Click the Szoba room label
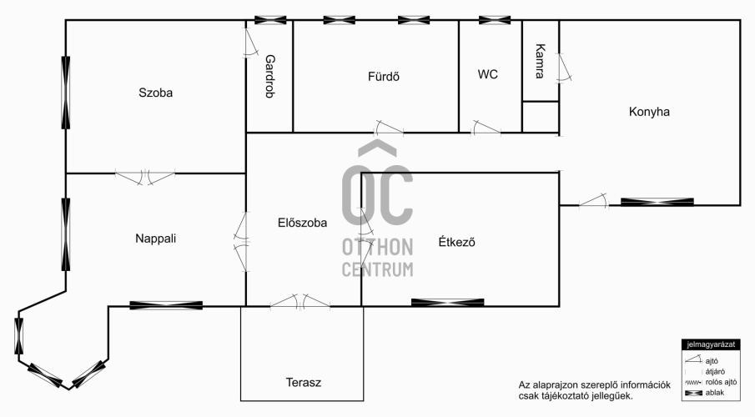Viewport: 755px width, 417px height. point(155,93)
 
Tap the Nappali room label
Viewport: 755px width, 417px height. point(155,239)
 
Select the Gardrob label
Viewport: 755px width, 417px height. point(270,76)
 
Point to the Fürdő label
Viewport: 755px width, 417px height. point(384,76)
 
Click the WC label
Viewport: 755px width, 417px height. point(488,74)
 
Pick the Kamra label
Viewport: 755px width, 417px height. point(541,61)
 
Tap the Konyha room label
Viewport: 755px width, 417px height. point(649,112)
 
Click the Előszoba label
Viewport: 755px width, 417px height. point(302,223)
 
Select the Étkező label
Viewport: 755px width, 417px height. point(456,242)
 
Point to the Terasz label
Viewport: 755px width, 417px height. point(304,382)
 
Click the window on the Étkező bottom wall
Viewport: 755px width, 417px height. point(448,303)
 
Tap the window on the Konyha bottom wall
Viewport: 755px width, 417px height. point(657,202)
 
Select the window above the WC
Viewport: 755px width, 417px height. point(495,20)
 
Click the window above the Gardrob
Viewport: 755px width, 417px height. point(270,20)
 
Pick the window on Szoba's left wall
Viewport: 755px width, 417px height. point(65,93)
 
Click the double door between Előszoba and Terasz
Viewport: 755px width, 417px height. point(300,301)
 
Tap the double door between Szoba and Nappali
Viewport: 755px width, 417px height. point(145,177)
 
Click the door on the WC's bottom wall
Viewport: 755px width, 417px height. point(486,128)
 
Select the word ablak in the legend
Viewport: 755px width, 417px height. point(715,393)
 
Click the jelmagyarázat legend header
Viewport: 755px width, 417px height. point(711,344)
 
